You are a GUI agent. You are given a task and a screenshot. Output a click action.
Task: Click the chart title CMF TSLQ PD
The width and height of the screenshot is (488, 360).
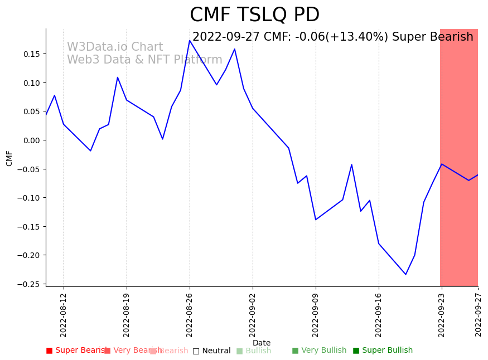tap(254, 15)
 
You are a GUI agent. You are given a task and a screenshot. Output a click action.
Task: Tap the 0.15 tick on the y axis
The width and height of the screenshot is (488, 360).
tap(31, 54)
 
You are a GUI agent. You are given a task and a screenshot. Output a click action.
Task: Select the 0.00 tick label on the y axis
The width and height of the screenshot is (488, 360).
tap(31, 140)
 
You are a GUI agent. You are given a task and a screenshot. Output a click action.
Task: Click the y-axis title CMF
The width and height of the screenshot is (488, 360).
tap(9, 158)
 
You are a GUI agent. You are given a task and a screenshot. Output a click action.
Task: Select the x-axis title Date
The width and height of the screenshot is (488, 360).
tap(262, 343)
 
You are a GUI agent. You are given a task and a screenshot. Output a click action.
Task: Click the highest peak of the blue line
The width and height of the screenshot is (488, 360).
tap(190, 40)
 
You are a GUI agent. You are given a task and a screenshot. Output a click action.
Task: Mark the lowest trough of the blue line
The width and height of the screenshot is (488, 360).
tap(405, 274)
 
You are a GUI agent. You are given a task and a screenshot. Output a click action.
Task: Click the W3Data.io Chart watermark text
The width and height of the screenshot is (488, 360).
tap(115, 47)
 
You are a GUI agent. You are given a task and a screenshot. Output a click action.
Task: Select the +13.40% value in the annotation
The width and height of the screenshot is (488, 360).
tap(363, 37)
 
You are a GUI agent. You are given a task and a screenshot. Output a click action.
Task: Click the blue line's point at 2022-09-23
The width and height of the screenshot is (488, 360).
tap(442, 164)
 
